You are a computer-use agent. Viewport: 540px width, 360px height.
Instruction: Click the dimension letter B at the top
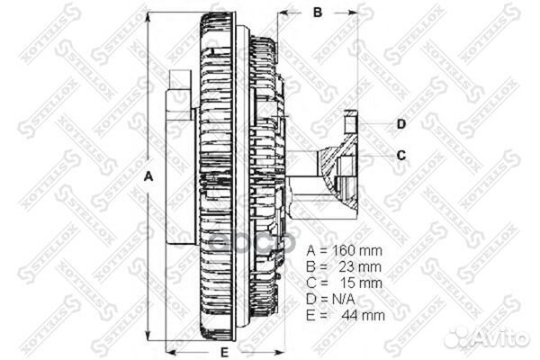[317, 13]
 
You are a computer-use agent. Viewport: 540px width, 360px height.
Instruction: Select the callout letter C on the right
[401, 155]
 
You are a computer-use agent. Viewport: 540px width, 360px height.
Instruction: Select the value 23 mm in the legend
[360, 267]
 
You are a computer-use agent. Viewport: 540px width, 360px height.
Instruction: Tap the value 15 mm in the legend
[360, 283]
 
